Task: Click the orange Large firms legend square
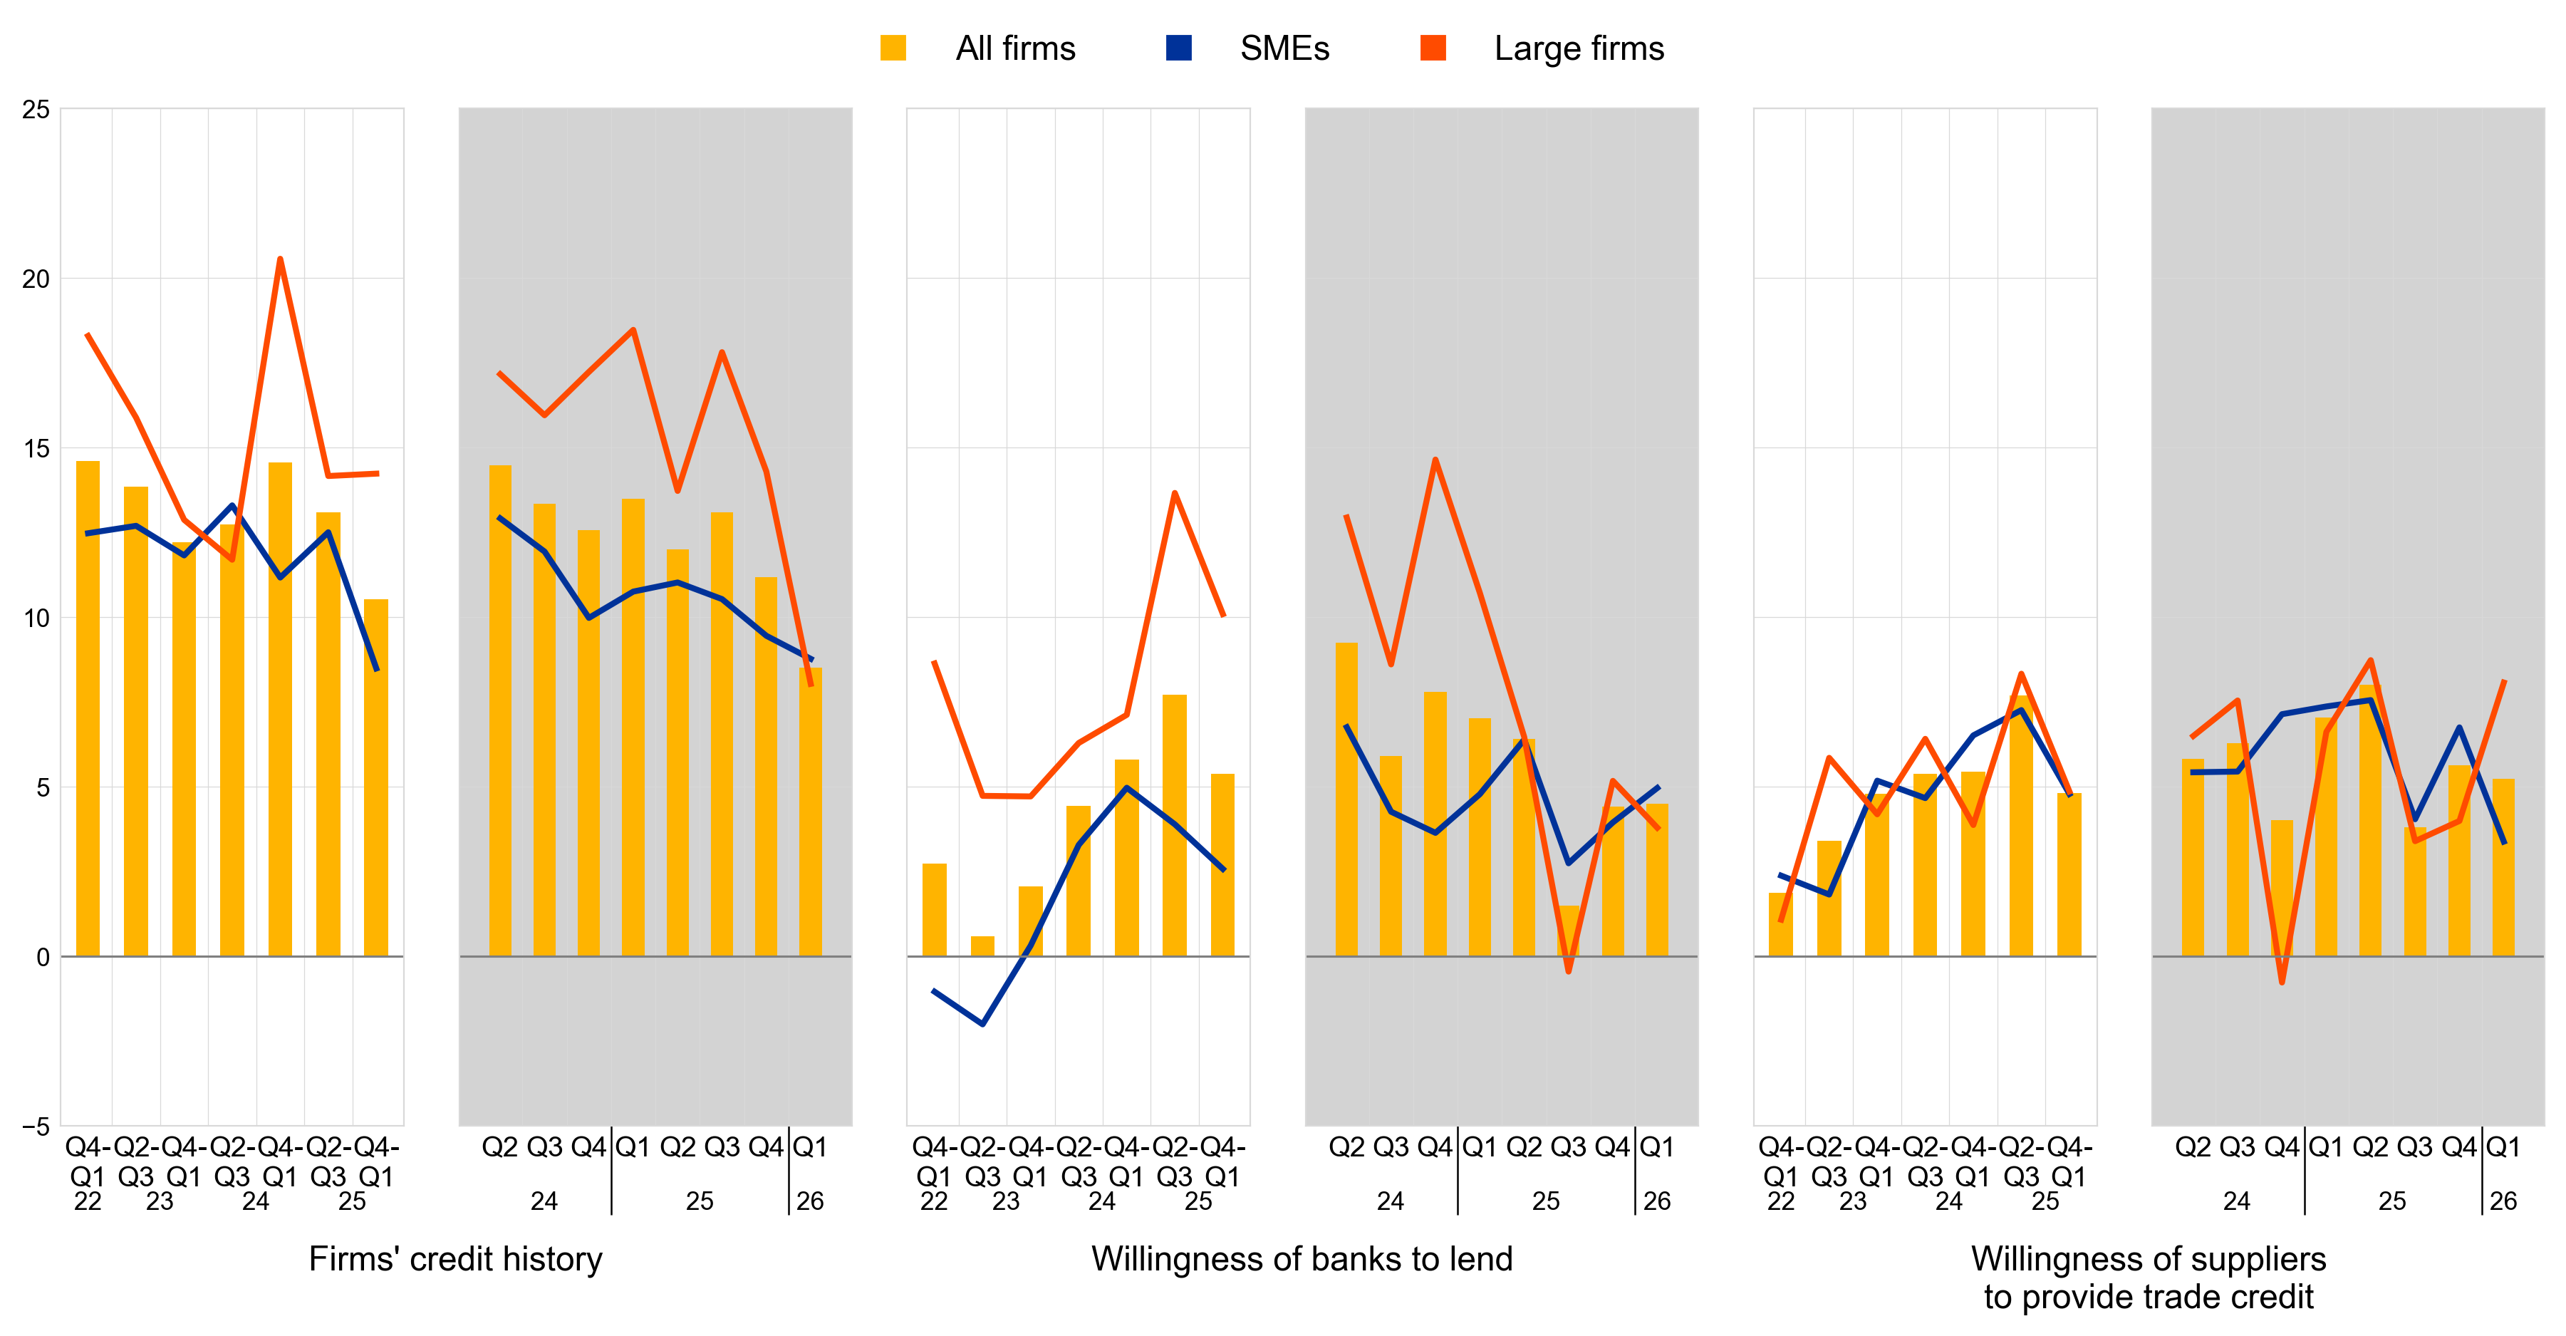point(1433,48)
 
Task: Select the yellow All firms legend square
point(893,48)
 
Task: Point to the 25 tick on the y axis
point(36,110)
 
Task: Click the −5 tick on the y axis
point(36,1127)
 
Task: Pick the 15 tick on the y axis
point(36,448)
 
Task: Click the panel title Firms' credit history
point(455,1259)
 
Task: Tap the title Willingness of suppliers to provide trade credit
point(2149,1278)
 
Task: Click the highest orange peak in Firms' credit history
point(280,259)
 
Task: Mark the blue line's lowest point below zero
point(982,1023)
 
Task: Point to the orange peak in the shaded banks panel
point(1435,460)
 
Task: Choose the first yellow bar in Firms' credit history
point(88,708)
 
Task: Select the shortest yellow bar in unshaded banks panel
point(982,946)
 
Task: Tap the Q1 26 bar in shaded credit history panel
point(811,812)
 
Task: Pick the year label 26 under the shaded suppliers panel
point(2503,1201)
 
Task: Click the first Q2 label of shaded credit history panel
point(500,1148)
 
